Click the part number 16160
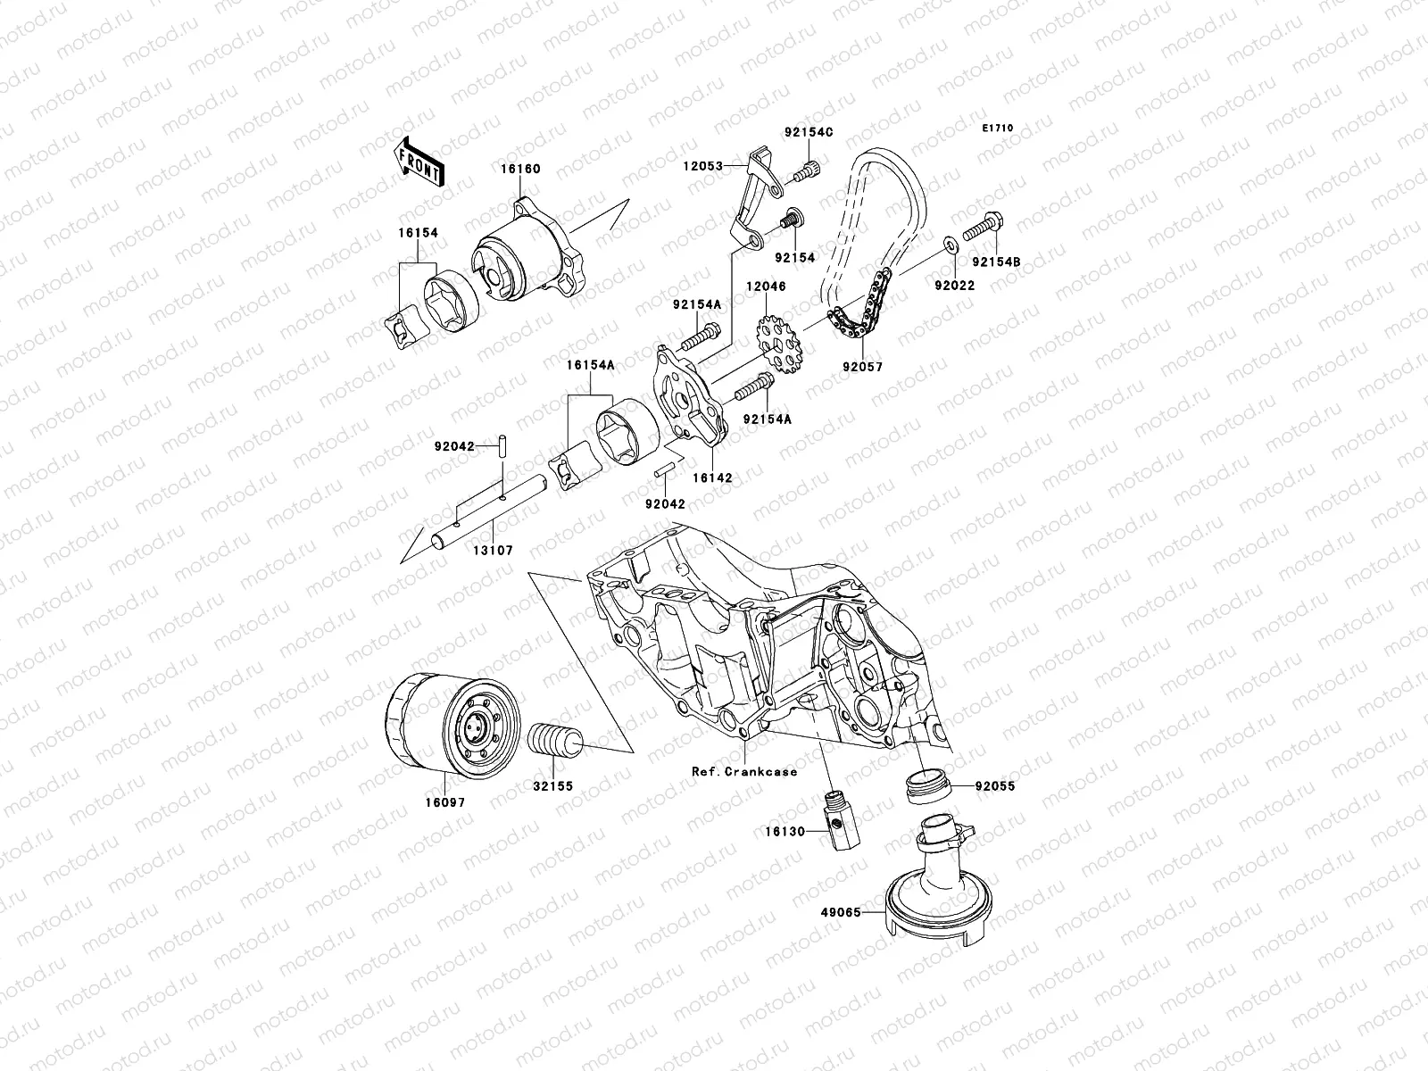click(x=520, y=170)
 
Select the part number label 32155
click(x=554, y=788)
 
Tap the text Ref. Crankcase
click(x=744, y=771)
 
